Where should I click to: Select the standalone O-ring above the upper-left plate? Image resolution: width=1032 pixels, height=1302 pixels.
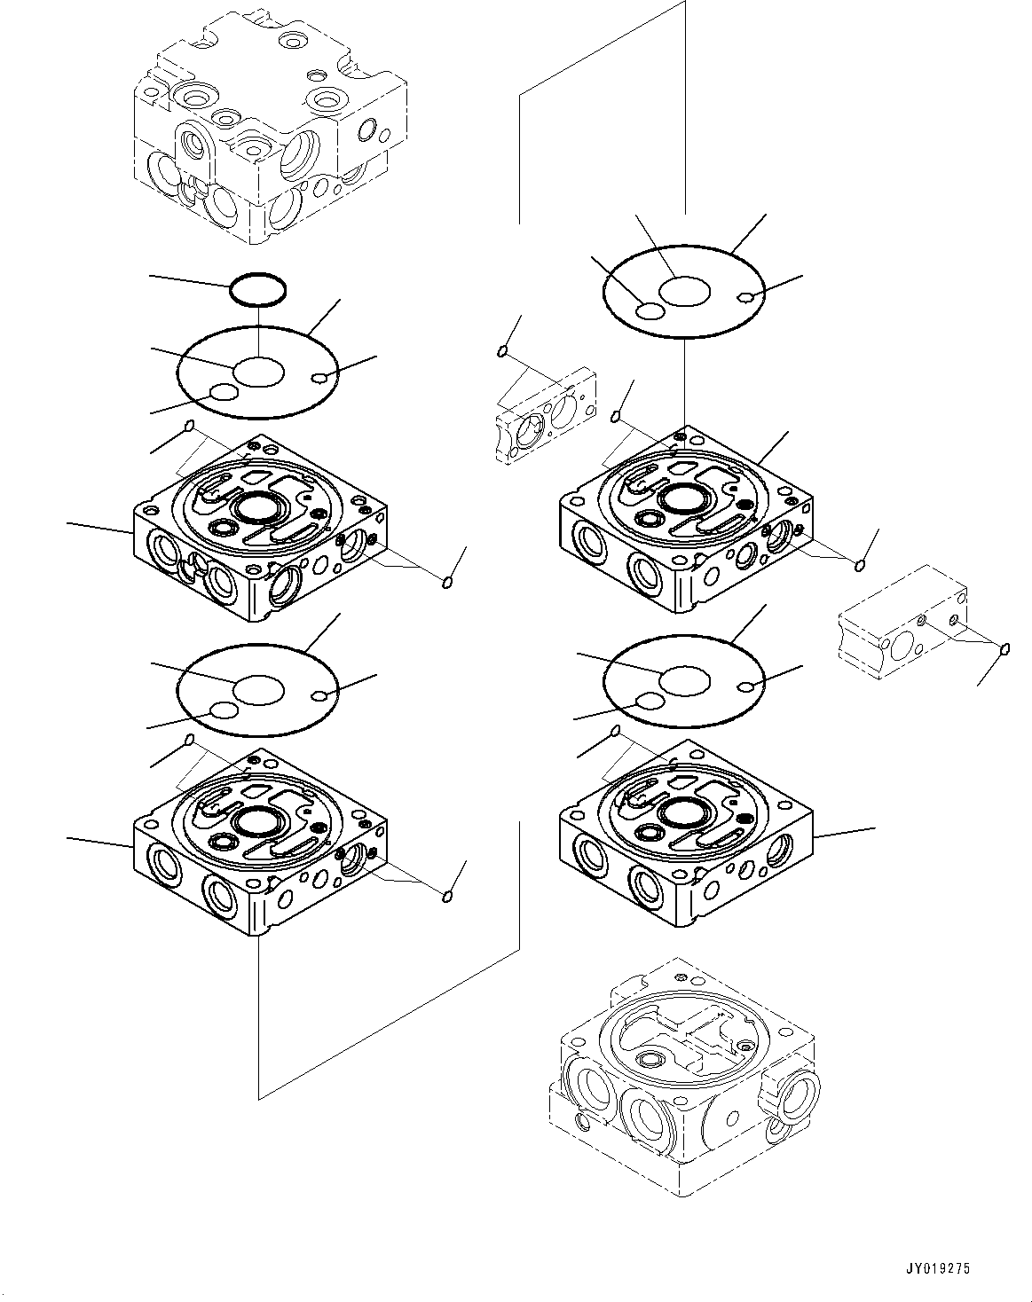(258, 287)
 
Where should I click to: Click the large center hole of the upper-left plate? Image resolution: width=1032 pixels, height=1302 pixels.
(258, 371)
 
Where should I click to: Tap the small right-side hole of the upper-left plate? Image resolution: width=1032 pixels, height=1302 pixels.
(323, 380)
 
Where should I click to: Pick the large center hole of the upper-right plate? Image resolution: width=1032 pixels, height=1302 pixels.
(685, 291)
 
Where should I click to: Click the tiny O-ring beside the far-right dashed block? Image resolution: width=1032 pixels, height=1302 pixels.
(1005, 650)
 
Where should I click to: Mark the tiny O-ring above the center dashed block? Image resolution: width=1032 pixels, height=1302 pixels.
(503, 353)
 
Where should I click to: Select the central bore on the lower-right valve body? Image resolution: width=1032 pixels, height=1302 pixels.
(684, 810)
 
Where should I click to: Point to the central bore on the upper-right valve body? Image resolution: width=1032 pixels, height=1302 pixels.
(683, 498)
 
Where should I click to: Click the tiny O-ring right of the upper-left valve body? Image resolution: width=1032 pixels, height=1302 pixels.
(448, 582)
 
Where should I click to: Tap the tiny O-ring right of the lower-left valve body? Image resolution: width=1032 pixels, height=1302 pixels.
(447, 897)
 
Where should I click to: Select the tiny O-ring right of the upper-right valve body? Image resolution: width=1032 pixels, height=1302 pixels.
(859, 565)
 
